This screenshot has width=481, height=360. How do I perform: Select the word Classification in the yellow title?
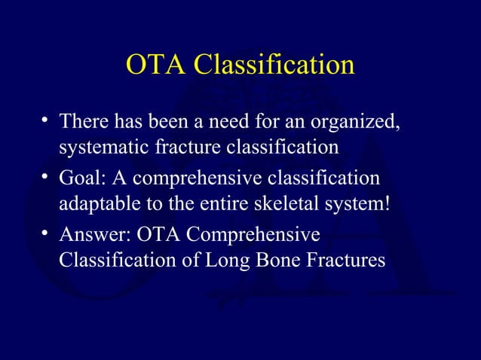coord(274,66)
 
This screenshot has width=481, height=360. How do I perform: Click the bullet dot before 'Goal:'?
coord(47,176)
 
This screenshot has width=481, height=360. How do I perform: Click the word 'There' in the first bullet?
coord(84,121)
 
